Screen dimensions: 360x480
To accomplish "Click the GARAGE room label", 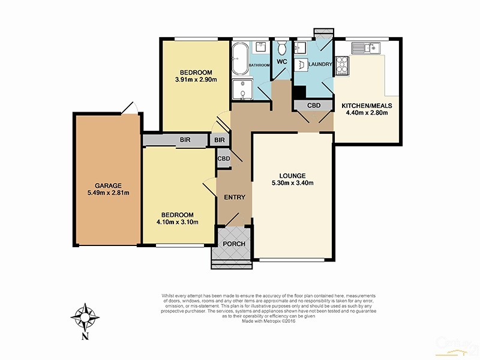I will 108,185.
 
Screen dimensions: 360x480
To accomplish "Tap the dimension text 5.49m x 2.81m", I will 108,193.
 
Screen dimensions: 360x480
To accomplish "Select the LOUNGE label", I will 293,176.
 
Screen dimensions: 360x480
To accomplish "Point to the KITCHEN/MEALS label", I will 365,105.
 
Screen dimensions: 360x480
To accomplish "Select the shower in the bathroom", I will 242,88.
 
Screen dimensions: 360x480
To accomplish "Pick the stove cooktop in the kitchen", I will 343,65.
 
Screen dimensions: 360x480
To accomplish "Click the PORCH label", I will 233,244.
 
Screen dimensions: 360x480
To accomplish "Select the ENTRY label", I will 233,197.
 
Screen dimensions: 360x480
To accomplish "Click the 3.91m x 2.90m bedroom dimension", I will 196,79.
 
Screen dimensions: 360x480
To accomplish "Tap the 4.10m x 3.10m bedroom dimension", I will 178,223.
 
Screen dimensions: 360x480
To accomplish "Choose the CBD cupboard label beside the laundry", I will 314,106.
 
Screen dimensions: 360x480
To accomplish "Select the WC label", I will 280,61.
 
